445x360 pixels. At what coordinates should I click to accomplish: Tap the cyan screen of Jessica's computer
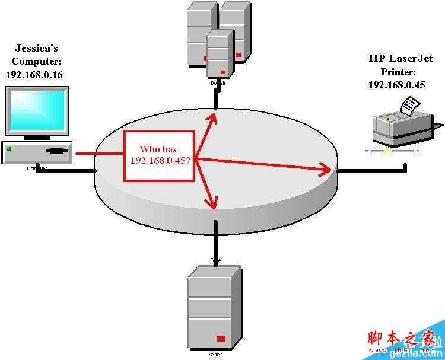[37, 110]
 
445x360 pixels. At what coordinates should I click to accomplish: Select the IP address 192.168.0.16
[34, 75]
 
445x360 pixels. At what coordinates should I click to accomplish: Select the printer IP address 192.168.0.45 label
[396, 84]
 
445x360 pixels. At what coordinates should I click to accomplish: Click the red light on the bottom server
[221, 339]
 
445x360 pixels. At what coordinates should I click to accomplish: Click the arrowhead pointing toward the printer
[325, 170]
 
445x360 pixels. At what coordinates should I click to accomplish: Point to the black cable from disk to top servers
[217, 98]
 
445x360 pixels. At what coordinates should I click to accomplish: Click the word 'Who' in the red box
[149, 149]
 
